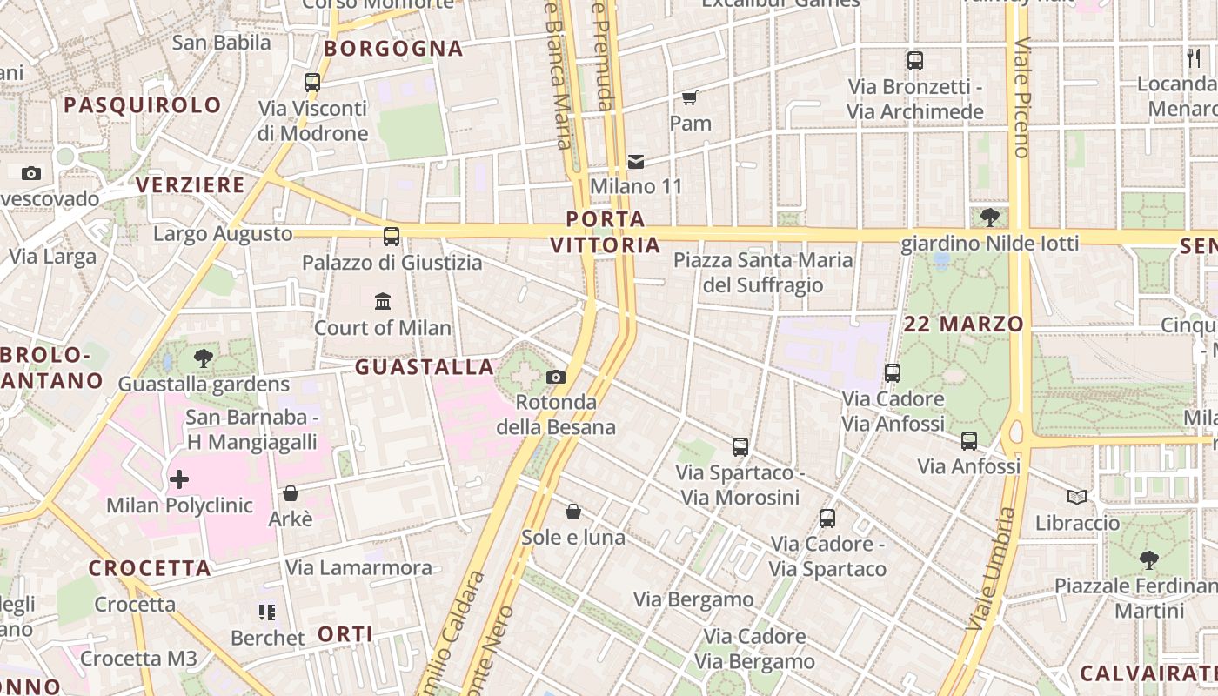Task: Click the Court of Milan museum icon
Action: pyautogui.click(x=382, y=302)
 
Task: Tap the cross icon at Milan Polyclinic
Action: pyautogui.click(x=179, y=478)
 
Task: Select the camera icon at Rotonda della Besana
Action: pyautogui.click(x=555, y=377)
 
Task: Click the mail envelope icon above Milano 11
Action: pyautogui.click(x=636, y=161)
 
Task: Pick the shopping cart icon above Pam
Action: pyautogui.click(x=690, y=97)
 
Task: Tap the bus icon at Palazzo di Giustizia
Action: pyautogui.click(x=391, y=236)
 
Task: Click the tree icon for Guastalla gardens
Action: pyautogui.click(x=204, y=358)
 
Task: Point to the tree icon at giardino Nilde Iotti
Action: pyautogui.click(x=989, y=217)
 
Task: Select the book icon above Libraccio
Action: pyautogui.click(x=1077, y=497)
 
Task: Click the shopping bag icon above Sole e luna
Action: pyautogui.click(x=572, y=511)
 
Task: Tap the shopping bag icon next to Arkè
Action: pyautogui.click(x=291, y=493)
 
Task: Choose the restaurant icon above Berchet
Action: pyautogui.click(x=267, y=612)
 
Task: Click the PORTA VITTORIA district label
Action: pyautogui.click(x=606, y=231)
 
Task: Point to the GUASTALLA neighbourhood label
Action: pyautogui.click(x=425, y=367)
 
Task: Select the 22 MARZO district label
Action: pyautogui.click(x=964, y=324)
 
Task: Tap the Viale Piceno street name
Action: pyautogui.click(x=1021, y=97)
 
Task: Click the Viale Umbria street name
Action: pyautogui.click(x=992, y=570)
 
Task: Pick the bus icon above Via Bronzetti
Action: pyautogui.click(x=914, y=61)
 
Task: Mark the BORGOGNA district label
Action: pyautogui.click(x=393, y=49)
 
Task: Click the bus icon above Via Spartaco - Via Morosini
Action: pyautogui.click(x=739, y=447)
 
